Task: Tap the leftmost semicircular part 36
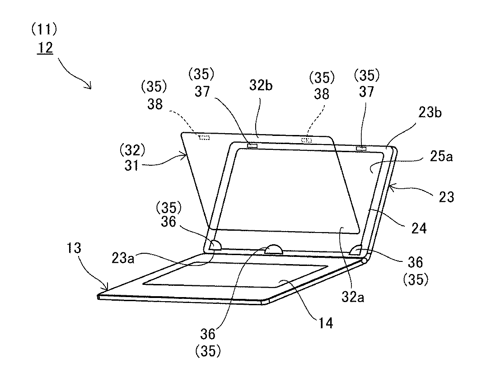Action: (x=215, y=245)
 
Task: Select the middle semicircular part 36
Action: (x=274, y=249)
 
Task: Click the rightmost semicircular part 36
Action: (x=357, y=249)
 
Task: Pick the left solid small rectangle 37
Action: (x=253, y=145)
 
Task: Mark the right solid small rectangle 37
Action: (x=361, y=149)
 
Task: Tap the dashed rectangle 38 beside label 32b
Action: (x=307, y=140)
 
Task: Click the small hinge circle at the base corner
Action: (x=365, y=261)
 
